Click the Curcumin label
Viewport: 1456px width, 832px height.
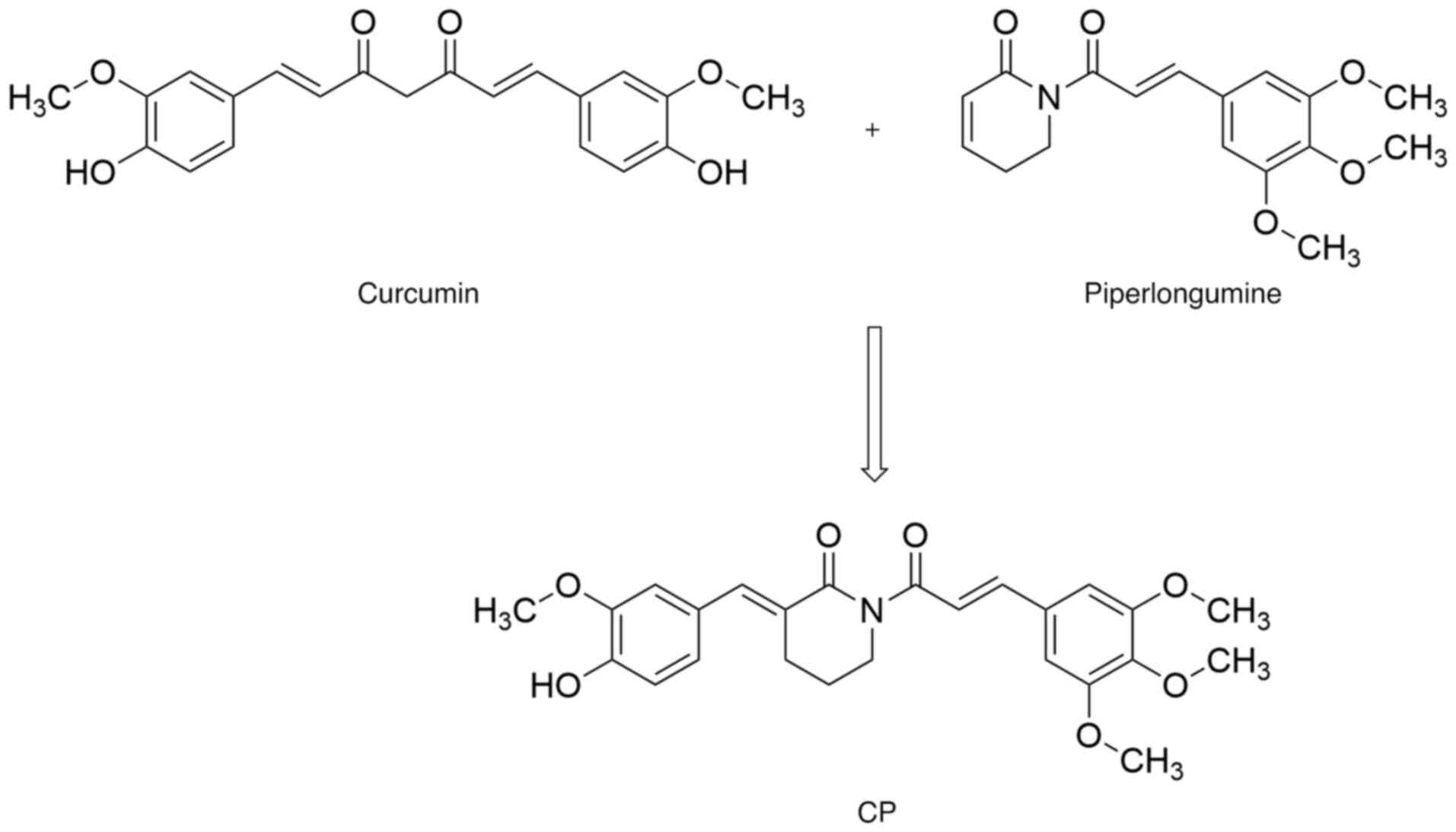pos(418,294)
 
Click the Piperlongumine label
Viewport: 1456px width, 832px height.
pos(1182,294)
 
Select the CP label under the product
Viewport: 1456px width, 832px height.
pos(877,813)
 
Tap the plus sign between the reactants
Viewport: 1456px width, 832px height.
pos(872,130)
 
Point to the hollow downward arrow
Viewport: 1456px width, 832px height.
pos(875,404)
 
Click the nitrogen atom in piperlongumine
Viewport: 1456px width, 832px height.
pos(1050,97)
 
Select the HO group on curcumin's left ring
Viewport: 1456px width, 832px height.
pos(90,173)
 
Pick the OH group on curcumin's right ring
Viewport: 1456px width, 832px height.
pos(722,173)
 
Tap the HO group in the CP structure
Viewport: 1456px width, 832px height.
pos(556,686)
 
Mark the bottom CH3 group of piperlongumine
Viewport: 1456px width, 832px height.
pos(1329,248)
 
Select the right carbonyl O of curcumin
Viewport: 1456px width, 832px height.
pos(451,24)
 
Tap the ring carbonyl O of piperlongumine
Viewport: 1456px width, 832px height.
pos(1005,24)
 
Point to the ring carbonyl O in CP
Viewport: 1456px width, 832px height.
pos(828,537)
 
